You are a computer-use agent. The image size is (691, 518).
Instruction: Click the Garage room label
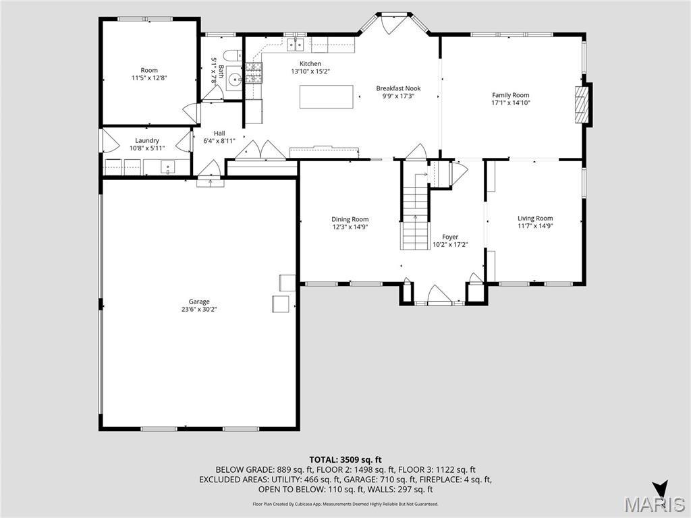(x=198, y=301)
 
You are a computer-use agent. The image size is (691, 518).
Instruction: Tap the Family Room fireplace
(x=581, y=105)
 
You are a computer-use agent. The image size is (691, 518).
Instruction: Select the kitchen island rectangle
(x=327, y=96)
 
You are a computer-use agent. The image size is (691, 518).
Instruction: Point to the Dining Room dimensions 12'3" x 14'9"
(x=350, y=227)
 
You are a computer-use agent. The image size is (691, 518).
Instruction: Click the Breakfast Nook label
(x=398, y=88)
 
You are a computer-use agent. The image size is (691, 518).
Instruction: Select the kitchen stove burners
(x=253, y=73)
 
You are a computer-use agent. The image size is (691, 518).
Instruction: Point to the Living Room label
(x=535, y=218)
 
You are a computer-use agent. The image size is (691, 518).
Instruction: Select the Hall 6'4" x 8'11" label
(x=219, y=137)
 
